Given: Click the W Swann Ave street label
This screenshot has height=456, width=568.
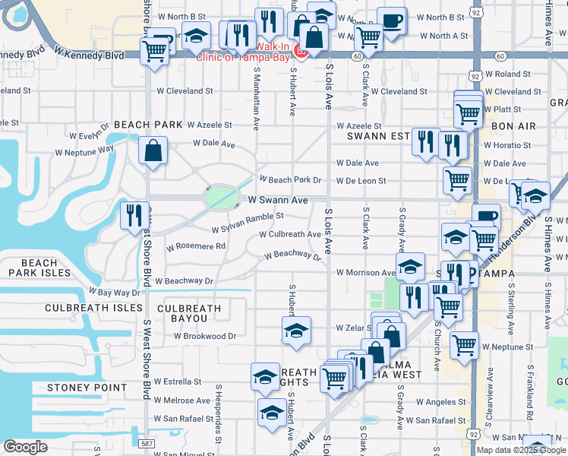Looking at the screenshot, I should [x=278, y=201].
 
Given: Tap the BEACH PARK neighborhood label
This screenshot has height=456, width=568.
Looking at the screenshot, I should [x=148, y=125].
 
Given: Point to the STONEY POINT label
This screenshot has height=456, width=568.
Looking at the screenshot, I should [x=87, y=388].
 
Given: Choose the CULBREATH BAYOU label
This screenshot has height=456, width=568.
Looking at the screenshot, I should [x=189, y=314].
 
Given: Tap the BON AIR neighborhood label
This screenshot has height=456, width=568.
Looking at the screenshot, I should [x=513, y=126].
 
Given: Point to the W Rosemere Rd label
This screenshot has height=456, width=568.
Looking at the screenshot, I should [x=196, y=246].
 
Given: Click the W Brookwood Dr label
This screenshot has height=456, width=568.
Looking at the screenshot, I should [x=196, y=335].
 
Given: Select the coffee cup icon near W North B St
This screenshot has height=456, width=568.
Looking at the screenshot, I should [x=392, y=21].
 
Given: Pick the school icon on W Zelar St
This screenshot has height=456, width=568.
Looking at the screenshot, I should [x=296, y=331].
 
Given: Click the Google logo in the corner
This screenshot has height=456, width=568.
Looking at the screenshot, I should [x=25, y=447].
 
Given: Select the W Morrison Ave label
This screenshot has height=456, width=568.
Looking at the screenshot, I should [x=366, y=272].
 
